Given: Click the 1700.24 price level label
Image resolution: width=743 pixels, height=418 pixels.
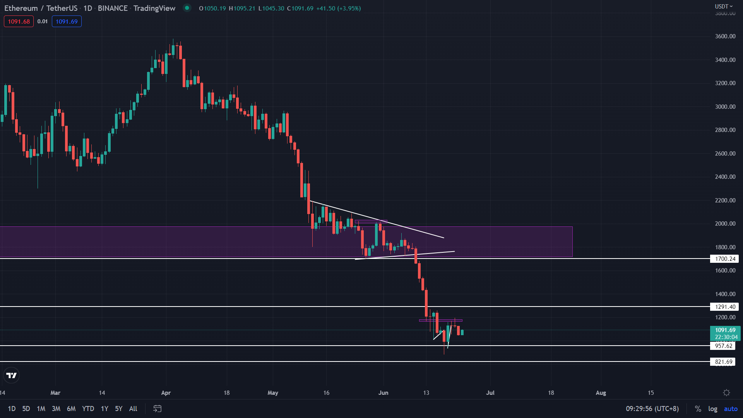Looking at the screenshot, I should (x=724, y=259).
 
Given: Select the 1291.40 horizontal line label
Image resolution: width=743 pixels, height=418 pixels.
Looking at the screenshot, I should (x=724, y=307).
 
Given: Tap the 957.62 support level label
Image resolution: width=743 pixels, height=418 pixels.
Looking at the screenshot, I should (x=723, y=346).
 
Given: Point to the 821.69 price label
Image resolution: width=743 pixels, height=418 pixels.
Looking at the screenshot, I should (x=723, y=362).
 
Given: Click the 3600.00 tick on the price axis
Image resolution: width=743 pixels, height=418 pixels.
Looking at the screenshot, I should (x=725, y=36).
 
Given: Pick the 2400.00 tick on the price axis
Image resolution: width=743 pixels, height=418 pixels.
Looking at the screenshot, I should (x=725, y=177).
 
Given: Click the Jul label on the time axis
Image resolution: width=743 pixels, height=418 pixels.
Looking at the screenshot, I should (x=490, y=393).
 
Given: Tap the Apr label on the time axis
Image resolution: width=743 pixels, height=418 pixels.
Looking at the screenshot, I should (x=166, y=393).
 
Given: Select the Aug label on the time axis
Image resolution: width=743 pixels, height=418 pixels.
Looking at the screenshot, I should (x=601, y=393).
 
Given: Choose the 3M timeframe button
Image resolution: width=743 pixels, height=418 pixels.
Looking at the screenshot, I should (x=56, y=409).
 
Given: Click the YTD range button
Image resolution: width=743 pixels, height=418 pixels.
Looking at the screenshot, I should (x=88, y=409).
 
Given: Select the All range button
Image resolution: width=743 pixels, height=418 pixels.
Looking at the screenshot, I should (x=133, y=409).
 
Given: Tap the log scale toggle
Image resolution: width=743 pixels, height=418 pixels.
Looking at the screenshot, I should (x=712, y=409).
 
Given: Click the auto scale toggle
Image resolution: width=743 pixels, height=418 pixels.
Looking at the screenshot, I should (x=731, y=409).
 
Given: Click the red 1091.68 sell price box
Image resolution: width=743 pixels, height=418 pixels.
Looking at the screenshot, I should (x=19, y=22).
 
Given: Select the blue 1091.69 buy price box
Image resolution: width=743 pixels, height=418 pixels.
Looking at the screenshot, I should (x=67, y=22).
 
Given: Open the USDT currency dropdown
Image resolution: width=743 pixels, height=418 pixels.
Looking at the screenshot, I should (x=723, y=6).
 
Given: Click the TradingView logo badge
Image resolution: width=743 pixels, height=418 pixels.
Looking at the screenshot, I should (x=12, y=375).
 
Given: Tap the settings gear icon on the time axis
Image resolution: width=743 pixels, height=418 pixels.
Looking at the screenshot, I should (x=726, y=393).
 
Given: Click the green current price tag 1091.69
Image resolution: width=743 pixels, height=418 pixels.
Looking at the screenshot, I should (x=725, y=330).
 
